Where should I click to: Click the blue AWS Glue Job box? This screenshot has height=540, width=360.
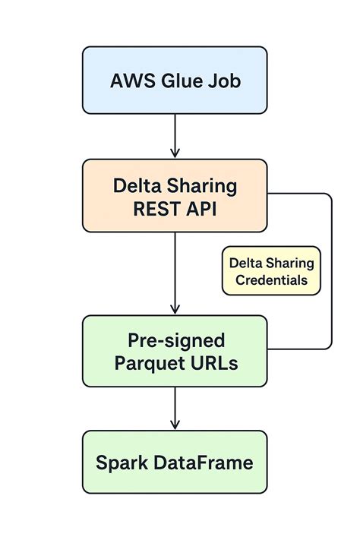click(175, 81)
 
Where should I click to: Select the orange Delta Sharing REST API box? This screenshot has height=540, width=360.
click(175, 196)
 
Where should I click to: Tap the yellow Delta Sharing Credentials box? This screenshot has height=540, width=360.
click(271, 270)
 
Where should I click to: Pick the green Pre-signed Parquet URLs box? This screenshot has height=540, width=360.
click(175, 351)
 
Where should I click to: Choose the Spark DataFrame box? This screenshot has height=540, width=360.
click(175, 462)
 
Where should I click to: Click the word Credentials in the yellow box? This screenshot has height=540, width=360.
click(271, 280)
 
